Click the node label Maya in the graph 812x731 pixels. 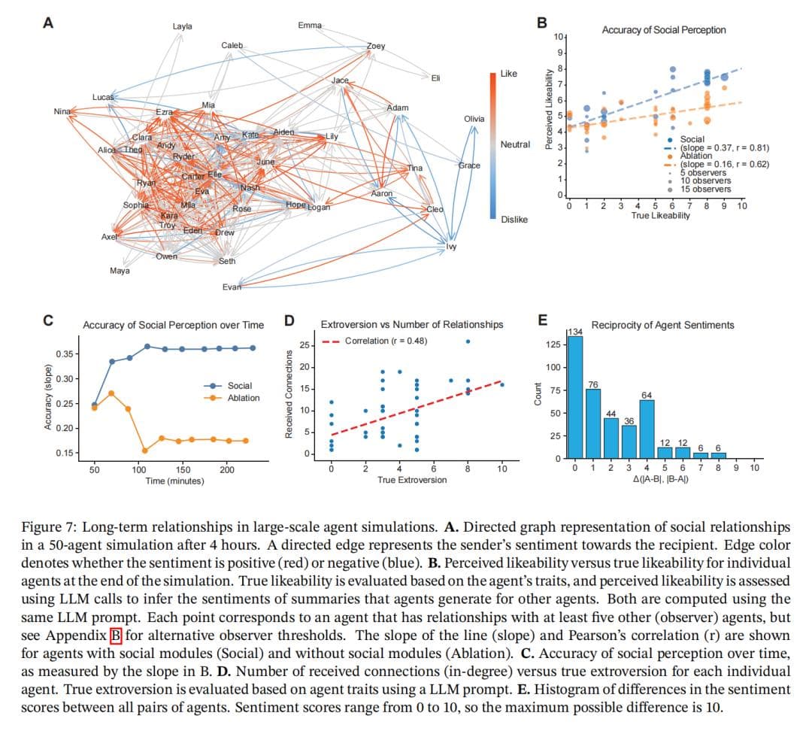point(119,270)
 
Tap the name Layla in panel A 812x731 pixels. point(182,26)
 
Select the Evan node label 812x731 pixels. point(232,287)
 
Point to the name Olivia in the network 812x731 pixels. point(474,119)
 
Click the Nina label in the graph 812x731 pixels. point(62,112)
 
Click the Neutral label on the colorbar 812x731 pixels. point(515,144)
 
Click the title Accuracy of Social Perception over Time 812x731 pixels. point(173,325)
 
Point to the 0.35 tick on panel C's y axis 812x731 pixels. point(65,353)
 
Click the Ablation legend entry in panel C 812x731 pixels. point(244,398)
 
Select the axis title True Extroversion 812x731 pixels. point(412,480)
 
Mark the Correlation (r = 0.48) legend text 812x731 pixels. point(386,341)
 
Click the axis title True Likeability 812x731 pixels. point(661,216)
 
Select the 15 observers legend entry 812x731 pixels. point(705,190)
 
